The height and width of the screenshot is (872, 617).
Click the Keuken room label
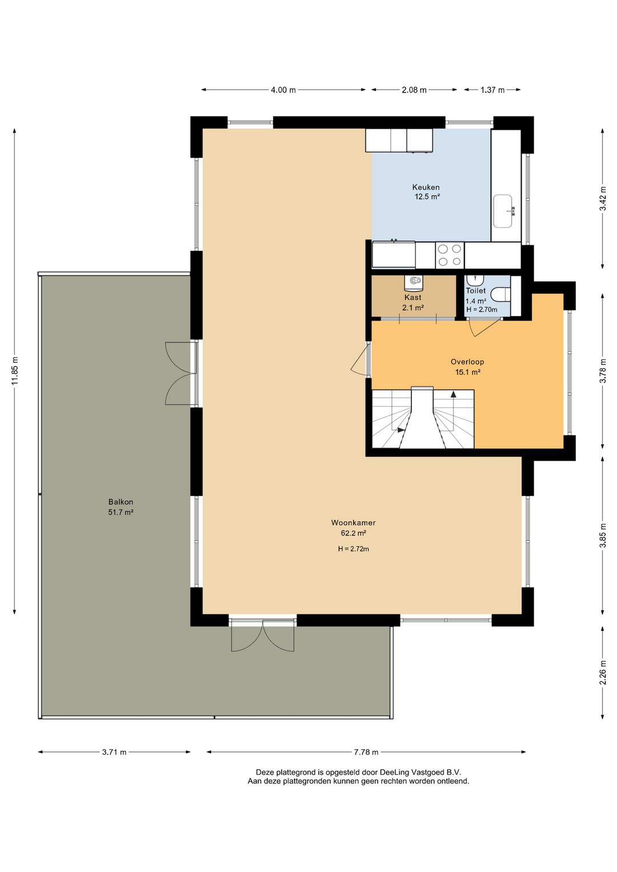[x=426, y=187]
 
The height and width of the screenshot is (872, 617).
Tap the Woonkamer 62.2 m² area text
[x=353, y=533]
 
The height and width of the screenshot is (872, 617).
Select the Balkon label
[x=121, y=502]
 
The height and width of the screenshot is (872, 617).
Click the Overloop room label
[x=467, y=362]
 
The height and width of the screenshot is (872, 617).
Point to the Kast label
[x=412, y=297]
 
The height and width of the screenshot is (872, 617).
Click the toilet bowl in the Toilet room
[x=500, y=294]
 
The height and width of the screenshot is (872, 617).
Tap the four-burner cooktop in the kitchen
[x=450, y=255]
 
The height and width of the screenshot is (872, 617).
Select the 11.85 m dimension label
[x=15, y=371]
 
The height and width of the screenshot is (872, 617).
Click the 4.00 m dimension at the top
[x=283, y=90]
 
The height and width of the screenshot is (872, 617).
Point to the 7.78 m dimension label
[x=366, y=752]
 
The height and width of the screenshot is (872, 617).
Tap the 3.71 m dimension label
[x=114, y=752]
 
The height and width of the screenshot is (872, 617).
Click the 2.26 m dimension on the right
[x=603, y=673]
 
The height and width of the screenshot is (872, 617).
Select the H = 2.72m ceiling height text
[x=353, y=549]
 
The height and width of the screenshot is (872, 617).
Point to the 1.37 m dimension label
[x=492, y=90]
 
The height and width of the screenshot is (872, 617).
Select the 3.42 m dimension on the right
[x=603, y=198]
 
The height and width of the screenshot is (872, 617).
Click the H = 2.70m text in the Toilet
[x=482, y=310]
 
